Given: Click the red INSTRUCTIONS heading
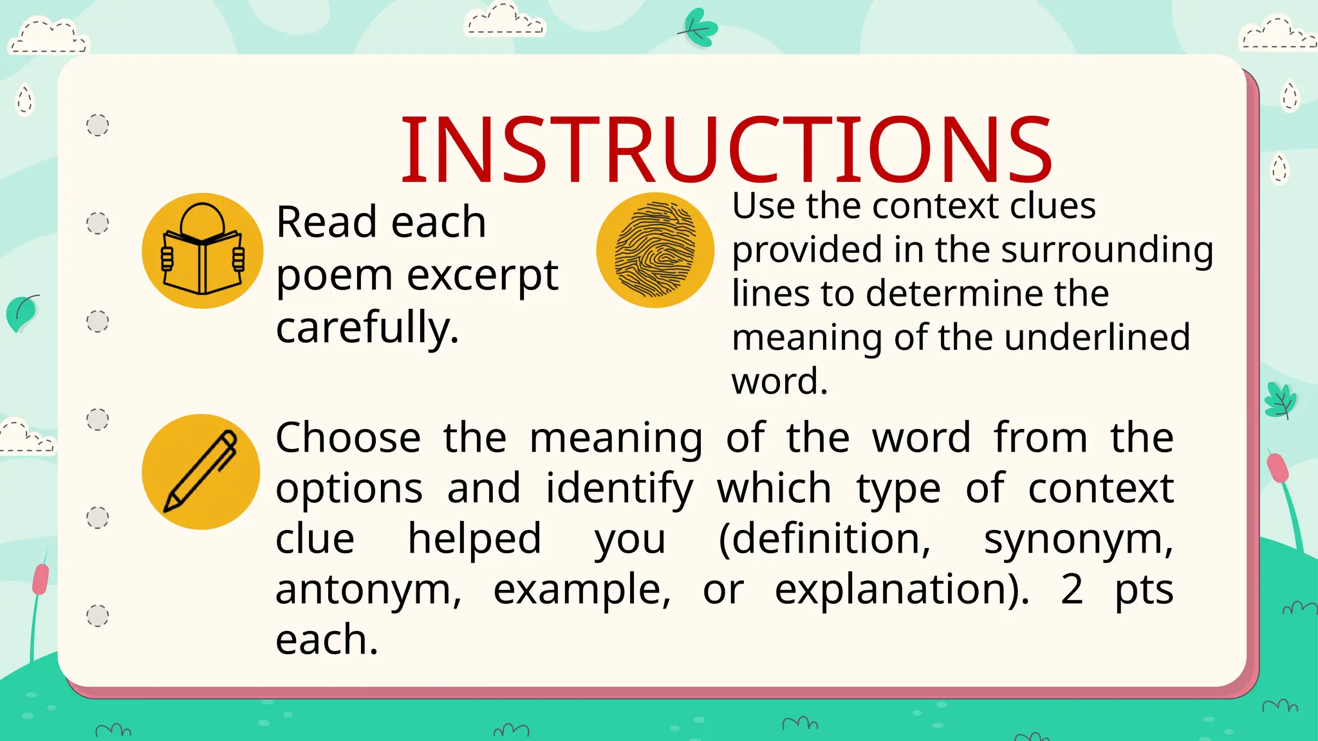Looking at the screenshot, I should point(726,149).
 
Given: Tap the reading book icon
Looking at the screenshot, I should point(203,251).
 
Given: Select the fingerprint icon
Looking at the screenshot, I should point(655,250).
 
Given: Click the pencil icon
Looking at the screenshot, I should point(201,471).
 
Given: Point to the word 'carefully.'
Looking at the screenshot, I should point(367,327).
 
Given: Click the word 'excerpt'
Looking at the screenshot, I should point(483,275).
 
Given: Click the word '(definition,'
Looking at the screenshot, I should point(824,538).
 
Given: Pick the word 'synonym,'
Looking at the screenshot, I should point(1079,540).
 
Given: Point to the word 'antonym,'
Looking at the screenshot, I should point(369,589).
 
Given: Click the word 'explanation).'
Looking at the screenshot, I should point(902,589).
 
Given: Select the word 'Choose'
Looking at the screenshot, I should point(348,438).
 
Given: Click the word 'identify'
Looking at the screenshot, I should point(619,489).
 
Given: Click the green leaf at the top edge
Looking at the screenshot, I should point(698,28).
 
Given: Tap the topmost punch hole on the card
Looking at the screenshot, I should point(98,125).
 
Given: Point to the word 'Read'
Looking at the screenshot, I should point(326,222).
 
